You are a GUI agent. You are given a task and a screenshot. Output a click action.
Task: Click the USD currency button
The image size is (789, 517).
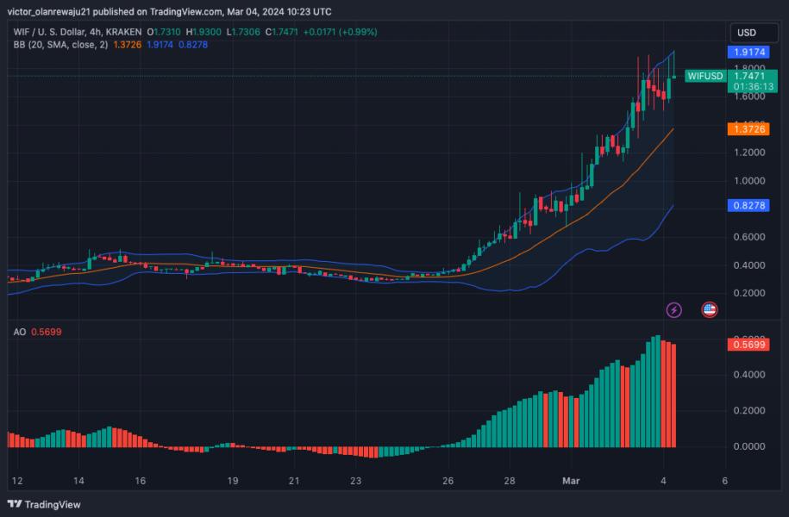[746, 33]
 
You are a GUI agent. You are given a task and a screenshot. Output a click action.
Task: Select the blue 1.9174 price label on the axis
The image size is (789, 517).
[746, 52]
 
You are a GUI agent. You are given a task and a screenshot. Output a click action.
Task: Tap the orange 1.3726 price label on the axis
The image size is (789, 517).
[746, 128]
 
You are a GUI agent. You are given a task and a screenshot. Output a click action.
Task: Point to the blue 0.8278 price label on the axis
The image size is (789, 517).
[746, 207]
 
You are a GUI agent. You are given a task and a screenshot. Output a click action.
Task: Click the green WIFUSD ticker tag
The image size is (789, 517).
[704, 76]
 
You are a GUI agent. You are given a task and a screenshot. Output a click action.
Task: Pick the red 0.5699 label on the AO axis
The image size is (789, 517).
[746, 345]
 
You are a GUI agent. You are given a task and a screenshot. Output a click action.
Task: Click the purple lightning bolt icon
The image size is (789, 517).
[674, 309]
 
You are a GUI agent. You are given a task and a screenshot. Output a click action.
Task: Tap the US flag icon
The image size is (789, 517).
[709, 309]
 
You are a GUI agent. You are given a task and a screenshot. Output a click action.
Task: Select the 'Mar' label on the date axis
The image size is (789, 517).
[572, 480]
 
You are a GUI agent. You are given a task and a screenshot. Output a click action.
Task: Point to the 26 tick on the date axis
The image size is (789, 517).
[448, 480]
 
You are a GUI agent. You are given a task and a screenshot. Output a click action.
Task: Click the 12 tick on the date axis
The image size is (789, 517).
[16, 480]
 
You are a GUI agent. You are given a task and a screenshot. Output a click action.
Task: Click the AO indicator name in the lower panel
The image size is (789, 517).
[19, 331]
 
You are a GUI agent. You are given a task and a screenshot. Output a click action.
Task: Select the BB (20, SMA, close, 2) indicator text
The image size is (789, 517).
[59, 44]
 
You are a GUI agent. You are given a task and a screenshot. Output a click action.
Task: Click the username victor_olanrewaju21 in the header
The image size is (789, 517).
[56, 12]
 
